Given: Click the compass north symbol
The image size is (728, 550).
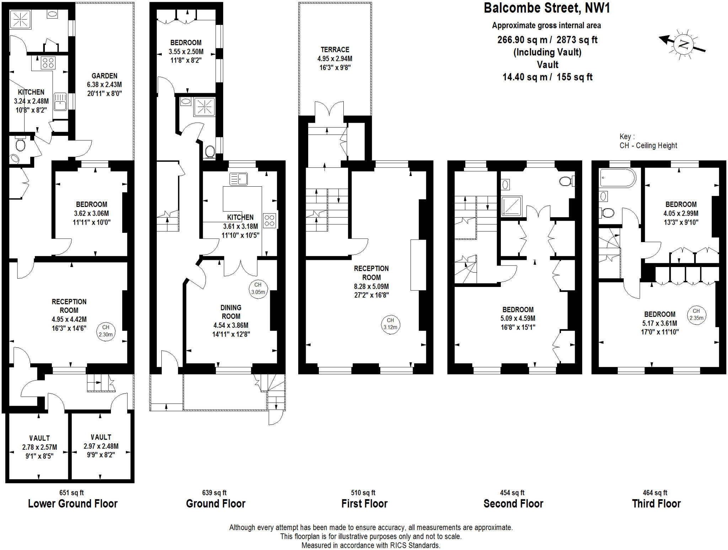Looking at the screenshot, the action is (683, 44).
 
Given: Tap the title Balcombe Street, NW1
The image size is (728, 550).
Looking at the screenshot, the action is (547, 8).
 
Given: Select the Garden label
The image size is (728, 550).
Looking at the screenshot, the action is (104, 76).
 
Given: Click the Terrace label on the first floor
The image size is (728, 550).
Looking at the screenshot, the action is (335, 50).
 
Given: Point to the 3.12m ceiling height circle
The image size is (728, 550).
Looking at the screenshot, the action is (390, 324).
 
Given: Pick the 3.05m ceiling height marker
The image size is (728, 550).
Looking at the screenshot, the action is (258, 289).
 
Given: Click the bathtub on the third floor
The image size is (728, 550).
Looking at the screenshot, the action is (617, 178).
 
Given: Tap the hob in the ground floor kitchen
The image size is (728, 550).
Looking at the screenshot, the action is (269, 220).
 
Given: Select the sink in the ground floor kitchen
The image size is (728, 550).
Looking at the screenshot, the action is (239, 179).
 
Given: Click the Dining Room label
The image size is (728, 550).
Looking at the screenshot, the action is (231, 312).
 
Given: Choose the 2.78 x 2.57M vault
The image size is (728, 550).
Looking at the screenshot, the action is (39, 447).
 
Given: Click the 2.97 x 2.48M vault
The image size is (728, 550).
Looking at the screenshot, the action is (101, 446).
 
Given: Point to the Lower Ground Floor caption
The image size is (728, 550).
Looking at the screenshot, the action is (73, 503).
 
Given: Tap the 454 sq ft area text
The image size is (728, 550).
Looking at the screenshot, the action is (512, 493).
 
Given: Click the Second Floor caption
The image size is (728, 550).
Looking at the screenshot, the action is (513, 503).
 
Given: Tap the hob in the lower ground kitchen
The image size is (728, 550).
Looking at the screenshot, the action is (48, 63).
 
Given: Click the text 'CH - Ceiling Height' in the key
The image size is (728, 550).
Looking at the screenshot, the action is (648, 145).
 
